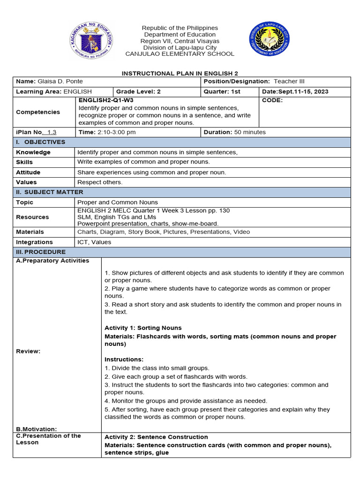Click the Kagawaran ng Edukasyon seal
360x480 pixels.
tap(91, 41)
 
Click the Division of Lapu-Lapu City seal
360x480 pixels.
tap(269, 41)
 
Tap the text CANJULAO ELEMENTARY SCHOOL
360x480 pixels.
tap(180, 54)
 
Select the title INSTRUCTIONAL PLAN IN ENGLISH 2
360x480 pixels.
tap(180, 74)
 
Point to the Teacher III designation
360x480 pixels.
tap(289, 82)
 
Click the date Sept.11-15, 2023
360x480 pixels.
tap(302, 92)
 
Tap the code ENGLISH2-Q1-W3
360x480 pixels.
tap(109, 100)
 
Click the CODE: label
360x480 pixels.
tap(272, 100)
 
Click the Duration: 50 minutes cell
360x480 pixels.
tap(234, 132)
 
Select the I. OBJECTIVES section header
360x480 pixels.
tap(41, 142)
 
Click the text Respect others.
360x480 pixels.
tap(100, 182)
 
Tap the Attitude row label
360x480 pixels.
tap(28, 172)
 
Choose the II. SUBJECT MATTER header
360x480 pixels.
tap(50, 192)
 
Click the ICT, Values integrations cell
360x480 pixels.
tap(94, 242)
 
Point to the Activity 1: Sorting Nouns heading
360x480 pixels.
tap(143, 328)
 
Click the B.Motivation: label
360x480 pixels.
tap(37, 429)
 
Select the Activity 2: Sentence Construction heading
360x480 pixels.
tap(156, 437)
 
